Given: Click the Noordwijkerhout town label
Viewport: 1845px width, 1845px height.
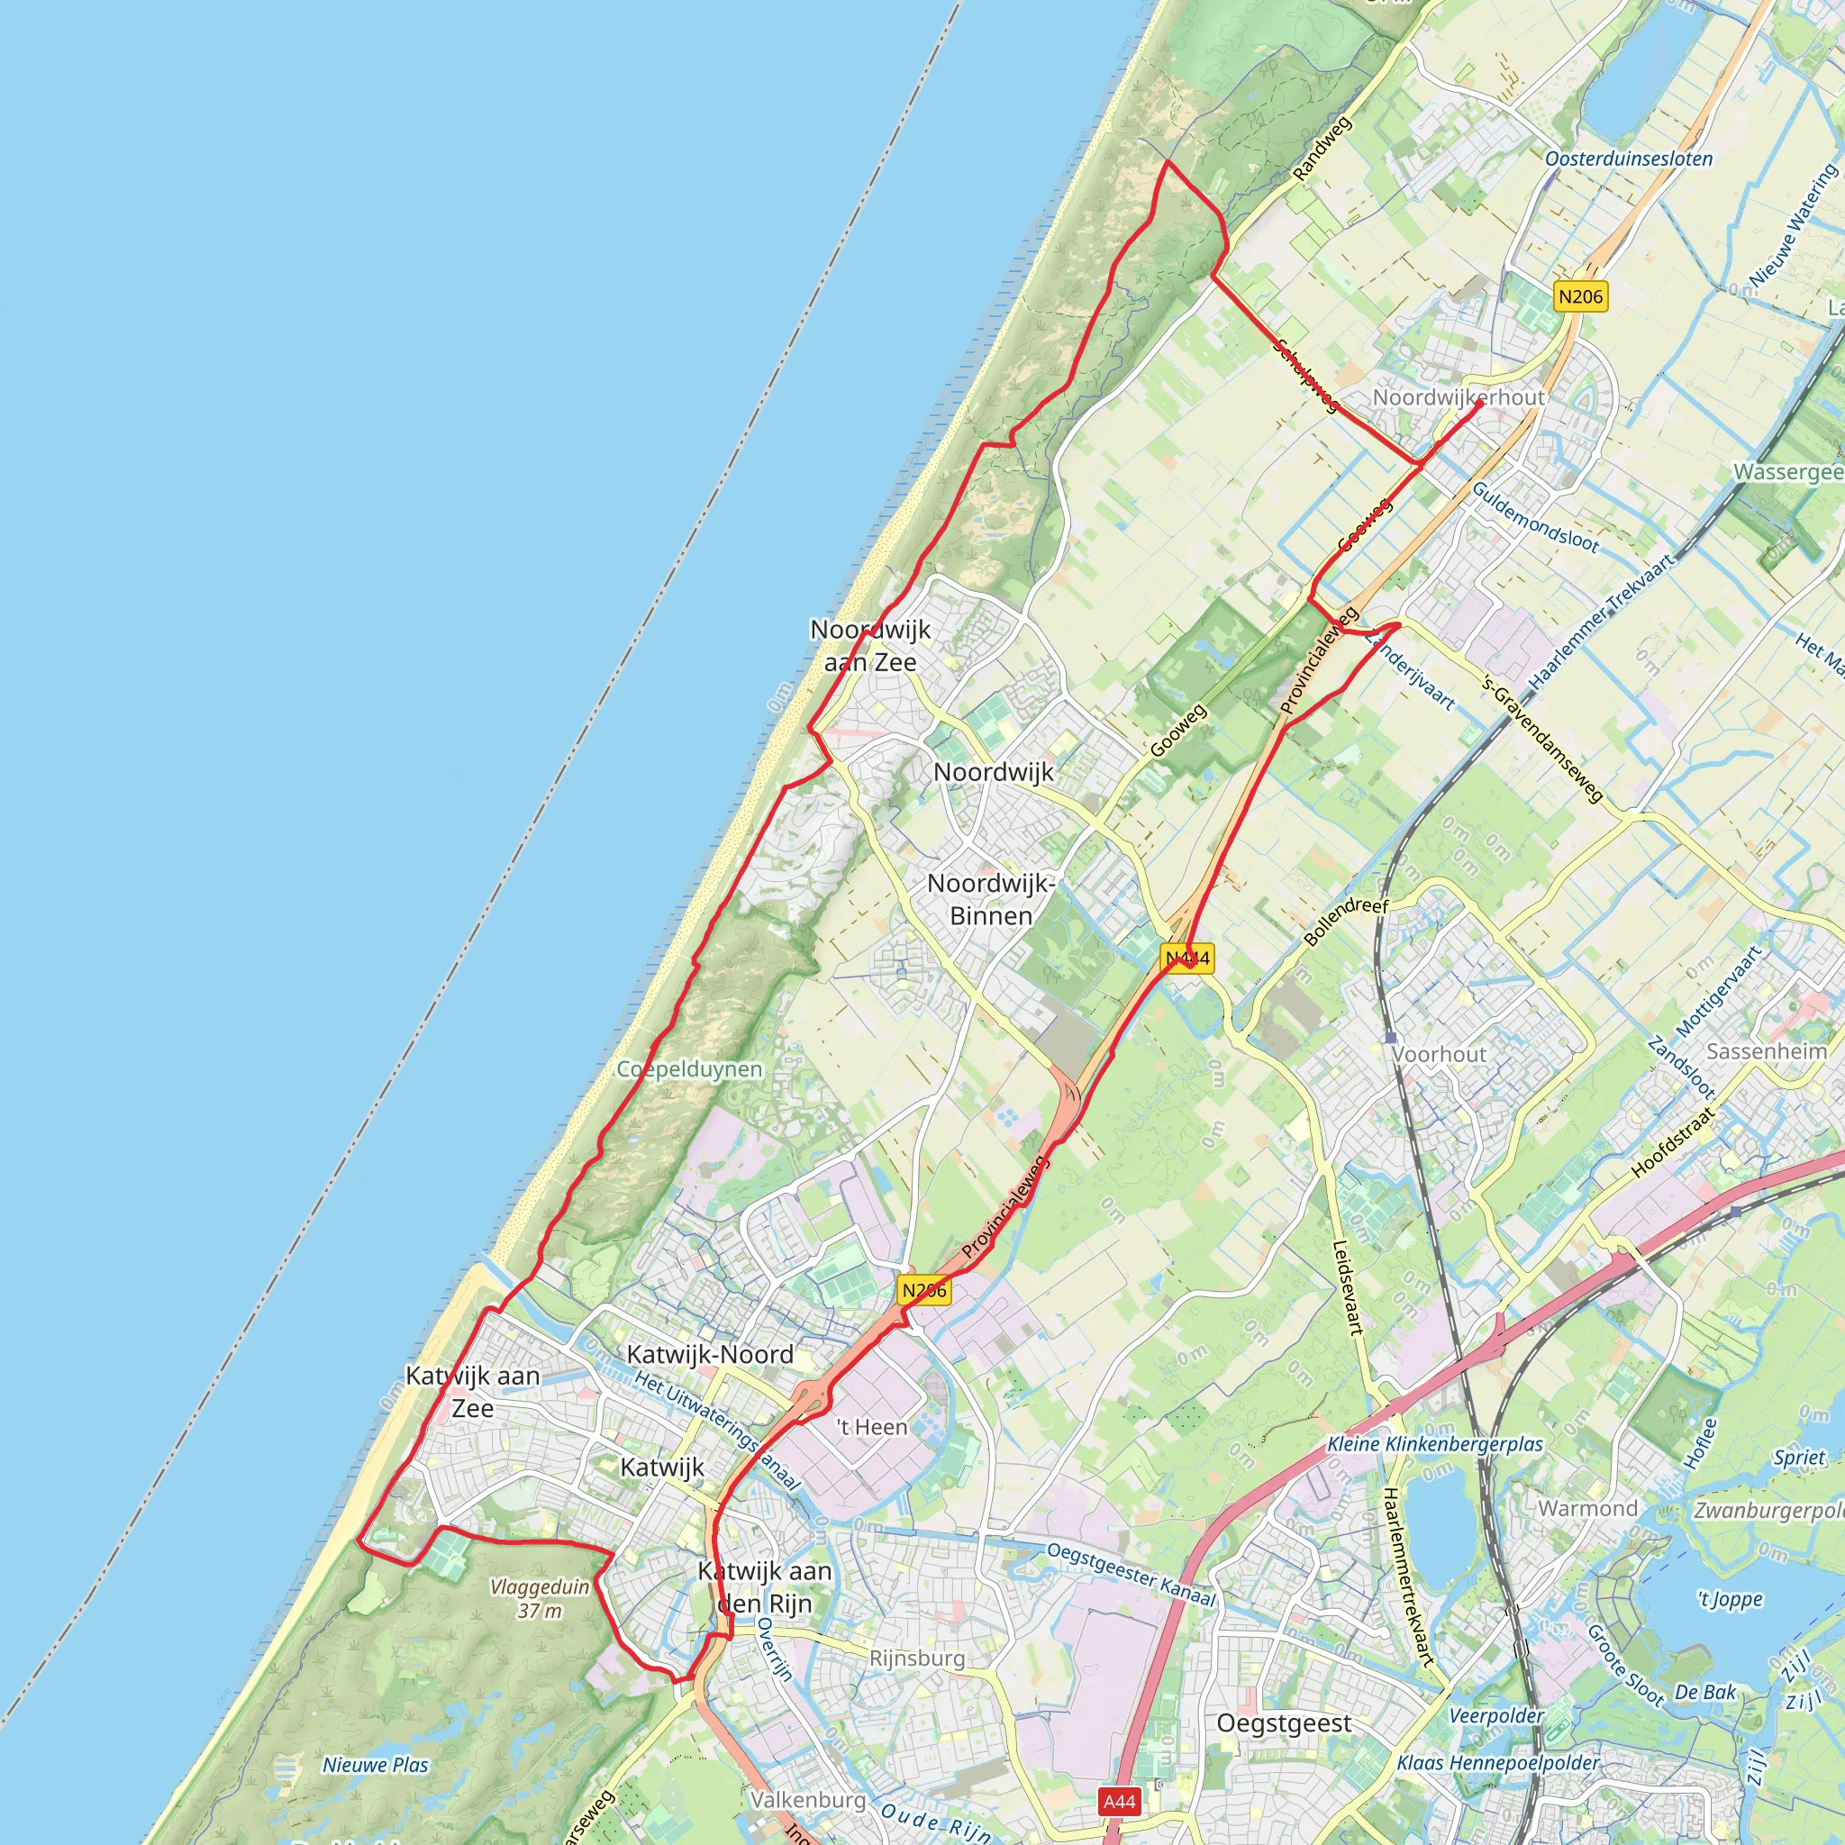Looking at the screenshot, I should tap(1458, 397).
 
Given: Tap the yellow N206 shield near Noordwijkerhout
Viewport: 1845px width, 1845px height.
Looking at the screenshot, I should tap(1579, 296).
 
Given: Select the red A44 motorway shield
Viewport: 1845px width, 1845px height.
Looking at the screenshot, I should tap(1119, 1801).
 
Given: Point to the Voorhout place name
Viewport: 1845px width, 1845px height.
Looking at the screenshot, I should tap(1438, 1054).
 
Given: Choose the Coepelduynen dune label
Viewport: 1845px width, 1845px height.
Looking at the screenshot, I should tap(688, 1069).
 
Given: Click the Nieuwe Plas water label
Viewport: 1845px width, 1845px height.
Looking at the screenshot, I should tap(376, 1765).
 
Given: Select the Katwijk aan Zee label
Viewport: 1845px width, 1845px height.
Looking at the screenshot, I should tap(473, 1391).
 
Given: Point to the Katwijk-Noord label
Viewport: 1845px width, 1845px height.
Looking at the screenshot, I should tap(710, 1354).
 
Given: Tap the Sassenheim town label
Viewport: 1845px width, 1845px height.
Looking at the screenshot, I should tap(1766, 1051).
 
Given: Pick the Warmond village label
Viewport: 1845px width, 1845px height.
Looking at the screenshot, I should tap(1587, 1509).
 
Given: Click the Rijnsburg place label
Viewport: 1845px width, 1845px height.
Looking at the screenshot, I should tap(917, 1659).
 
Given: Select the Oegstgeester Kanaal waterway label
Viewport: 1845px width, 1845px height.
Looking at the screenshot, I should tap(1132, 1575).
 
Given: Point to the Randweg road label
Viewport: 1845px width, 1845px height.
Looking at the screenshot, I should tap(1322, 149).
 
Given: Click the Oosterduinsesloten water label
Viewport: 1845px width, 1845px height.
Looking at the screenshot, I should tap(1628, 159).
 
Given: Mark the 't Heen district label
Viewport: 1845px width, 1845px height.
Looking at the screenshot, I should tap(872, 1427).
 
